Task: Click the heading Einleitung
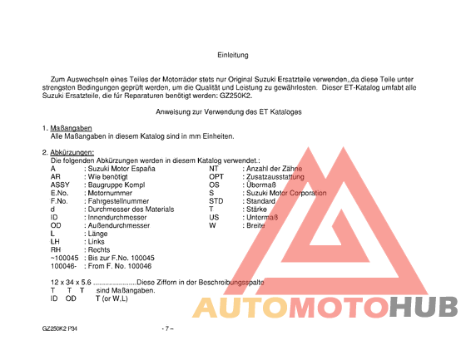(233, 55)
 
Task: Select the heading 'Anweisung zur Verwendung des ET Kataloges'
(229, 111)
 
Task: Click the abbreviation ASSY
(60, 185)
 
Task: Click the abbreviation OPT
(216, 176)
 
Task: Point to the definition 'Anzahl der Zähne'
(272, 168)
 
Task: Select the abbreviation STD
(216, 201)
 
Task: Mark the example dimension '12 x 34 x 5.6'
(72, 283)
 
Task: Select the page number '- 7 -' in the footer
(166, 330)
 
